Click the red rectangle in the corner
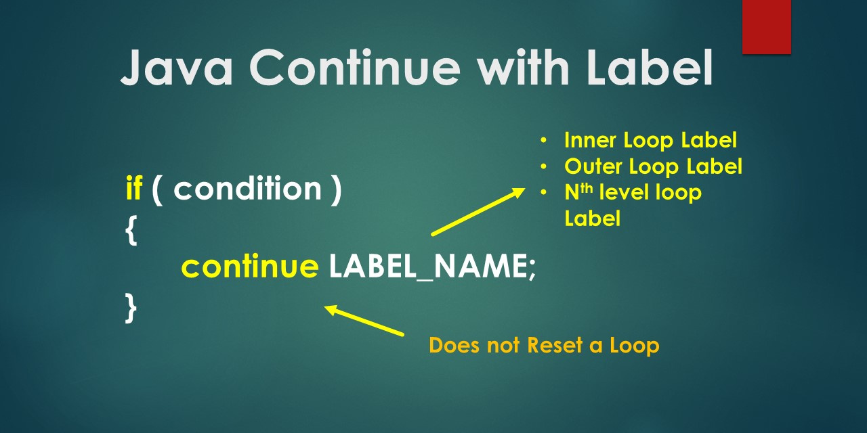coord(766,26)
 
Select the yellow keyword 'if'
coord(133,189)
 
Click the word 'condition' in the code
coord(247,189)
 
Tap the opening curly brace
coord(131,231)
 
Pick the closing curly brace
coord(131,308)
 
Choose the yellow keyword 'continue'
coord(249,268)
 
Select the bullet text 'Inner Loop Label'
coord(650,140)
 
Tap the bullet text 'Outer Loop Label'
coord(653,166)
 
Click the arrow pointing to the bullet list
coord(478,212)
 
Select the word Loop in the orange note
coord(634,345)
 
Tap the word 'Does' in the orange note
coord(451,345)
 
